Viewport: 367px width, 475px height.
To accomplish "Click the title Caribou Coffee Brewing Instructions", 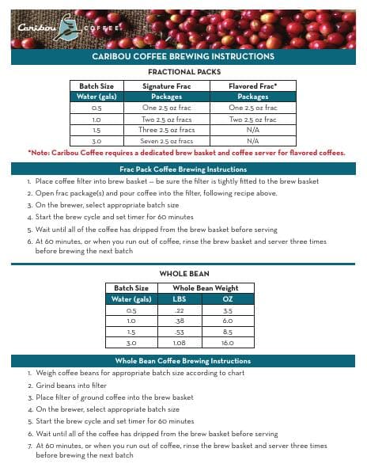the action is click(x=183, y=57).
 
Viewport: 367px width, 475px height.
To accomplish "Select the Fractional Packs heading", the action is click(x=183, y=72).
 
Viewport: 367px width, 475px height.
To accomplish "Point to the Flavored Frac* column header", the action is click(x=252, y=85).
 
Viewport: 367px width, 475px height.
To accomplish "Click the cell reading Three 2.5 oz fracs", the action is click(x=167, y=129).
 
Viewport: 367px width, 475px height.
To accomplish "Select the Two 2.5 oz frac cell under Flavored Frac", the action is click(x=252, y=118).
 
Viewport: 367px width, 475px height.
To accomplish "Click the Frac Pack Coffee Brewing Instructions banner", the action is click(x=183, y=169).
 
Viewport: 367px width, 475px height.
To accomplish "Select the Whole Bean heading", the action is click(x=183, y=273).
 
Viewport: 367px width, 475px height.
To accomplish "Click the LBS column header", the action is click(x=179, y=299).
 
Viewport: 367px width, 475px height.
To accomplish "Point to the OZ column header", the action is click(x=227, y=299).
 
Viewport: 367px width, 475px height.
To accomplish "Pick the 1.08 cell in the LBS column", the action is click(x=179, y=344).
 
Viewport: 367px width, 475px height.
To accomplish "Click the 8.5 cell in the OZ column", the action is click(x=227, y=332).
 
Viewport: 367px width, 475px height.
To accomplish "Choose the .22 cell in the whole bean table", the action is click(x=179, y=310).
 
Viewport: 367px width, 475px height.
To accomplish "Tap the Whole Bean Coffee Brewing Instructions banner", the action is click(x=183, y=360).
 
